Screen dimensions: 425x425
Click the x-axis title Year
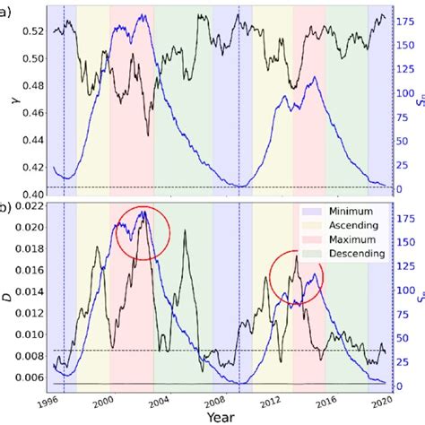(x=216, y=417)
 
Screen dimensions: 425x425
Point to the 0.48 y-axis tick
(x=28, y=87)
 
